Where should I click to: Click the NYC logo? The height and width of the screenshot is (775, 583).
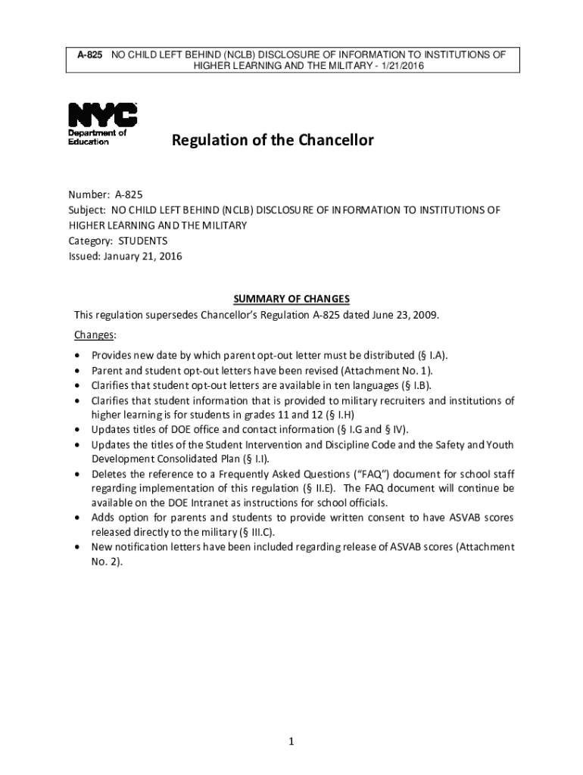[103, 115]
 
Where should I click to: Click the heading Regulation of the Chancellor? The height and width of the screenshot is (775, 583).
[273, 140]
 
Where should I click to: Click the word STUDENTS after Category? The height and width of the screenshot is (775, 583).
[142, 241]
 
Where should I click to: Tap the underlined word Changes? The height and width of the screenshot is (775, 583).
[95, 335]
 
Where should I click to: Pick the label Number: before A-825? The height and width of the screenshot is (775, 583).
[89, 195]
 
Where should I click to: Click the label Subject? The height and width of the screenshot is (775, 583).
[88, 210]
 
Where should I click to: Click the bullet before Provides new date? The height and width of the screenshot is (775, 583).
[78, 356]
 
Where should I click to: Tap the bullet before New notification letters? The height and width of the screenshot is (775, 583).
[78, 547]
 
